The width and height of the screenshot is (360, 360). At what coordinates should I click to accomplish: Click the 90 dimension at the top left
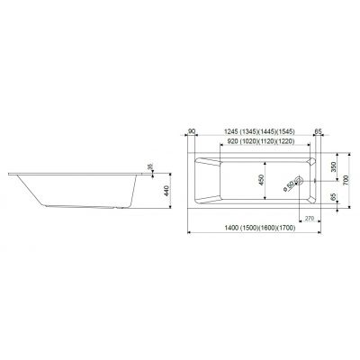click(192, 131)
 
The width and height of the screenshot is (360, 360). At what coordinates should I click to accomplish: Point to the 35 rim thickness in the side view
click(151, 166)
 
